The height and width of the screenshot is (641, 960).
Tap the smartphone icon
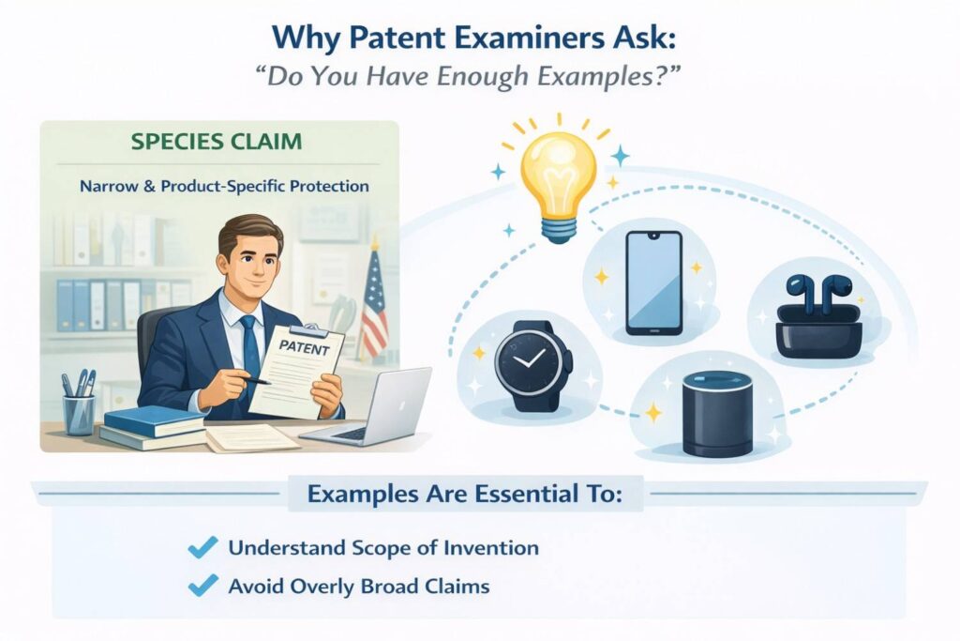(x=653, y=282)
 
